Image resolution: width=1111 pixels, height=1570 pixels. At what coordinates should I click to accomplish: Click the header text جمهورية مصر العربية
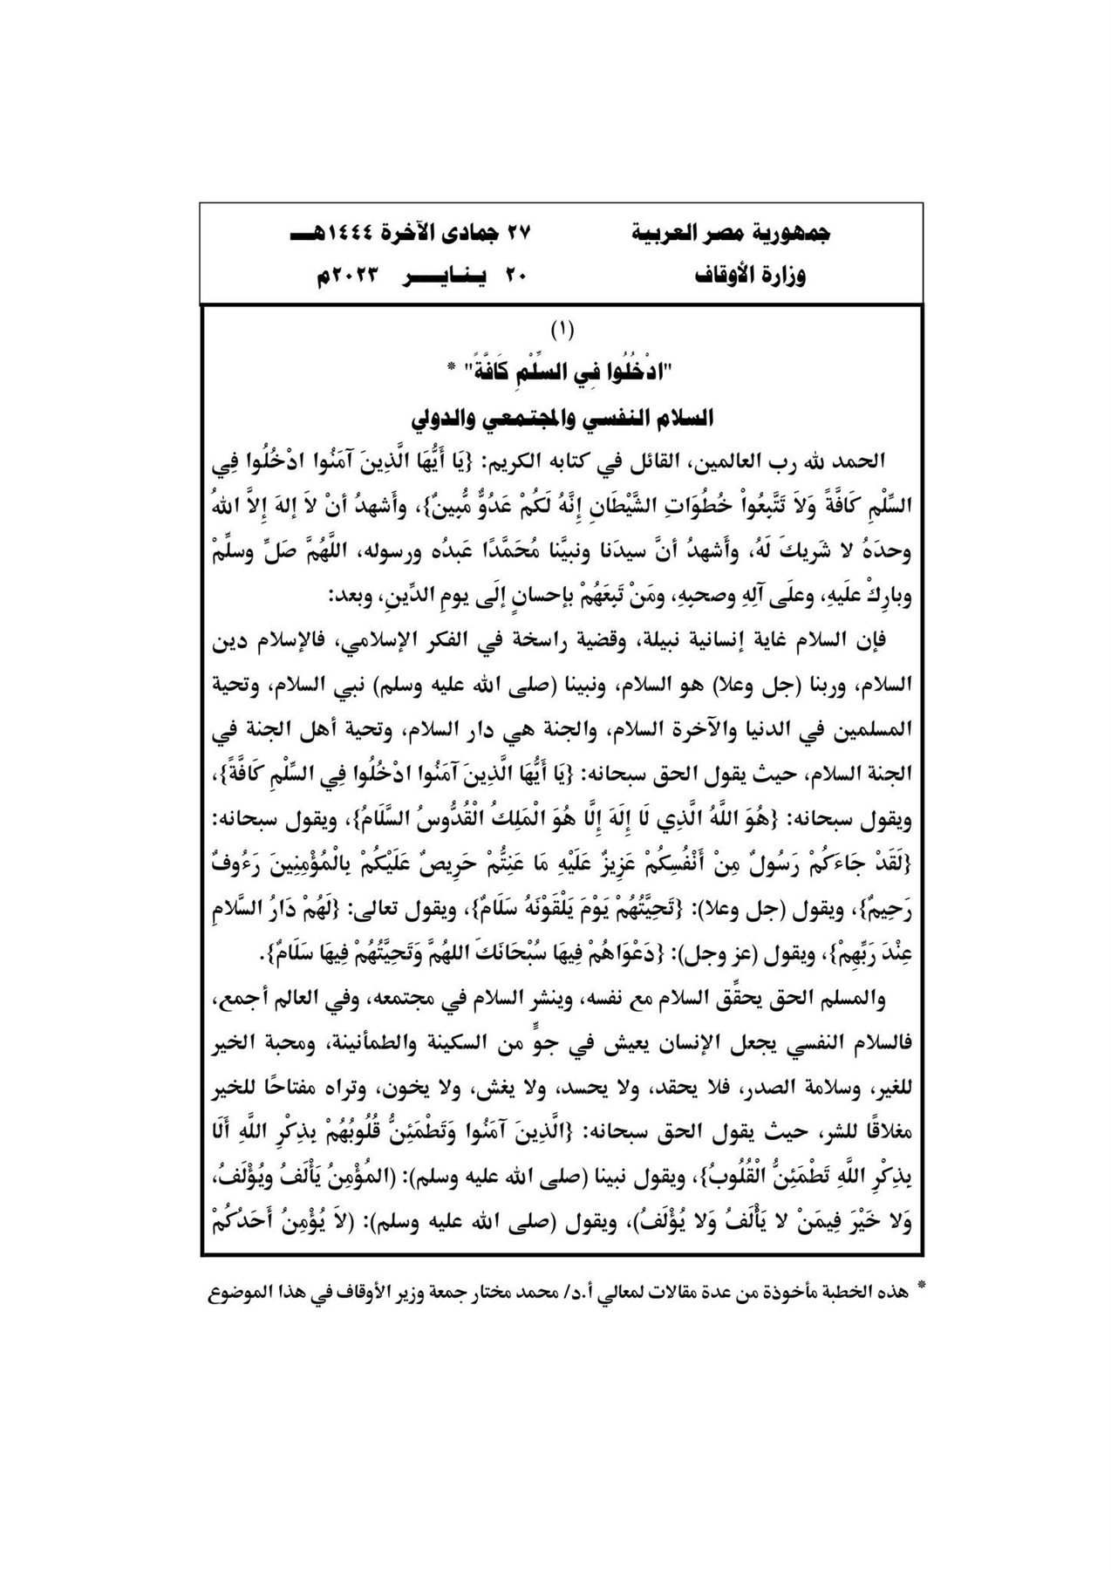pyautogui.click(x=742, y=234)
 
